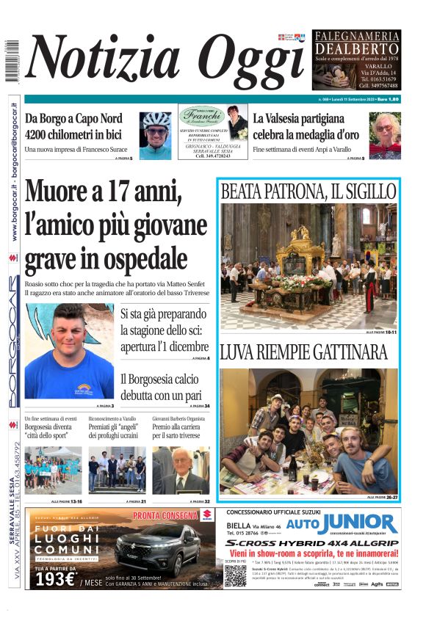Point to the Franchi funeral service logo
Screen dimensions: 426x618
tap(201, 116)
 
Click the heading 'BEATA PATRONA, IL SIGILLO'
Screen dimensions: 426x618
tap(308, 192)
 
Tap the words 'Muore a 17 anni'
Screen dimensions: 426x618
tap(103, 192)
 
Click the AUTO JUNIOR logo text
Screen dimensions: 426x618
tap(342, 525)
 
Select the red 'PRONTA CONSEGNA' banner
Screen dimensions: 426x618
tap(165, 515)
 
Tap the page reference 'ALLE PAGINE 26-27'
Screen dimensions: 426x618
tap(383, 498)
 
